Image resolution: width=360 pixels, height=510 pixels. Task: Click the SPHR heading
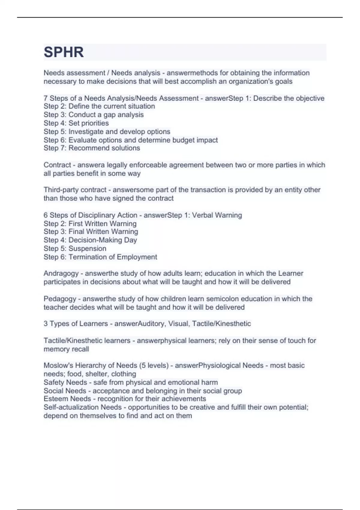(64, 52)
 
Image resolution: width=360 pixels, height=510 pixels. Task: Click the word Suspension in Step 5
(87, 248)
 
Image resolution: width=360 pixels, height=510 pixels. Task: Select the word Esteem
(54, 399)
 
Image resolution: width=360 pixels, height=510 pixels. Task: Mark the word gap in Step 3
(109, 115)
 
